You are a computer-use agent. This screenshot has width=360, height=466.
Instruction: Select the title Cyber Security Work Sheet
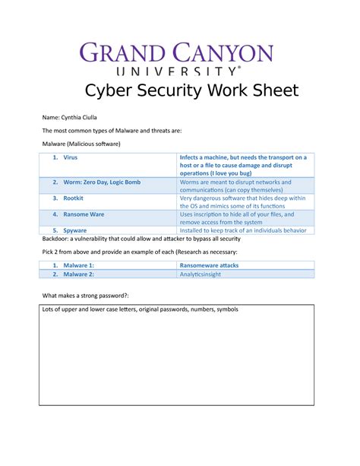(180, 92)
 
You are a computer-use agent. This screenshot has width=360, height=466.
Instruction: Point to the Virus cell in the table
(70, 157)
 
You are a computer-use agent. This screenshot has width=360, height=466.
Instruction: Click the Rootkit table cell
(73, 198)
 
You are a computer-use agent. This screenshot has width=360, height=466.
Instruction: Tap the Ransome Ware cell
(84, 214)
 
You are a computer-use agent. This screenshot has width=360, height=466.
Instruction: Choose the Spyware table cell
(74, 230)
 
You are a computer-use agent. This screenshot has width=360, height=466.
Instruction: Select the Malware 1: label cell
(78, 265)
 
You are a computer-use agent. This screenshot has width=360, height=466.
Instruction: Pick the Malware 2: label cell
(78, 274)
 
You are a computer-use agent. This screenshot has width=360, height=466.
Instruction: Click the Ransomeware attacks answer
(209, 265)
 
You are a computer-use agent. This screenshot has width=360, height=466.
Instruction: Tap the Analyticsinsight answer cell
(201, 274)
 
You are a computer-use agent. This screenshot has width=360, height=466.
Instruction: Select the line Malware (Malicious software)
(81, 144)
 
